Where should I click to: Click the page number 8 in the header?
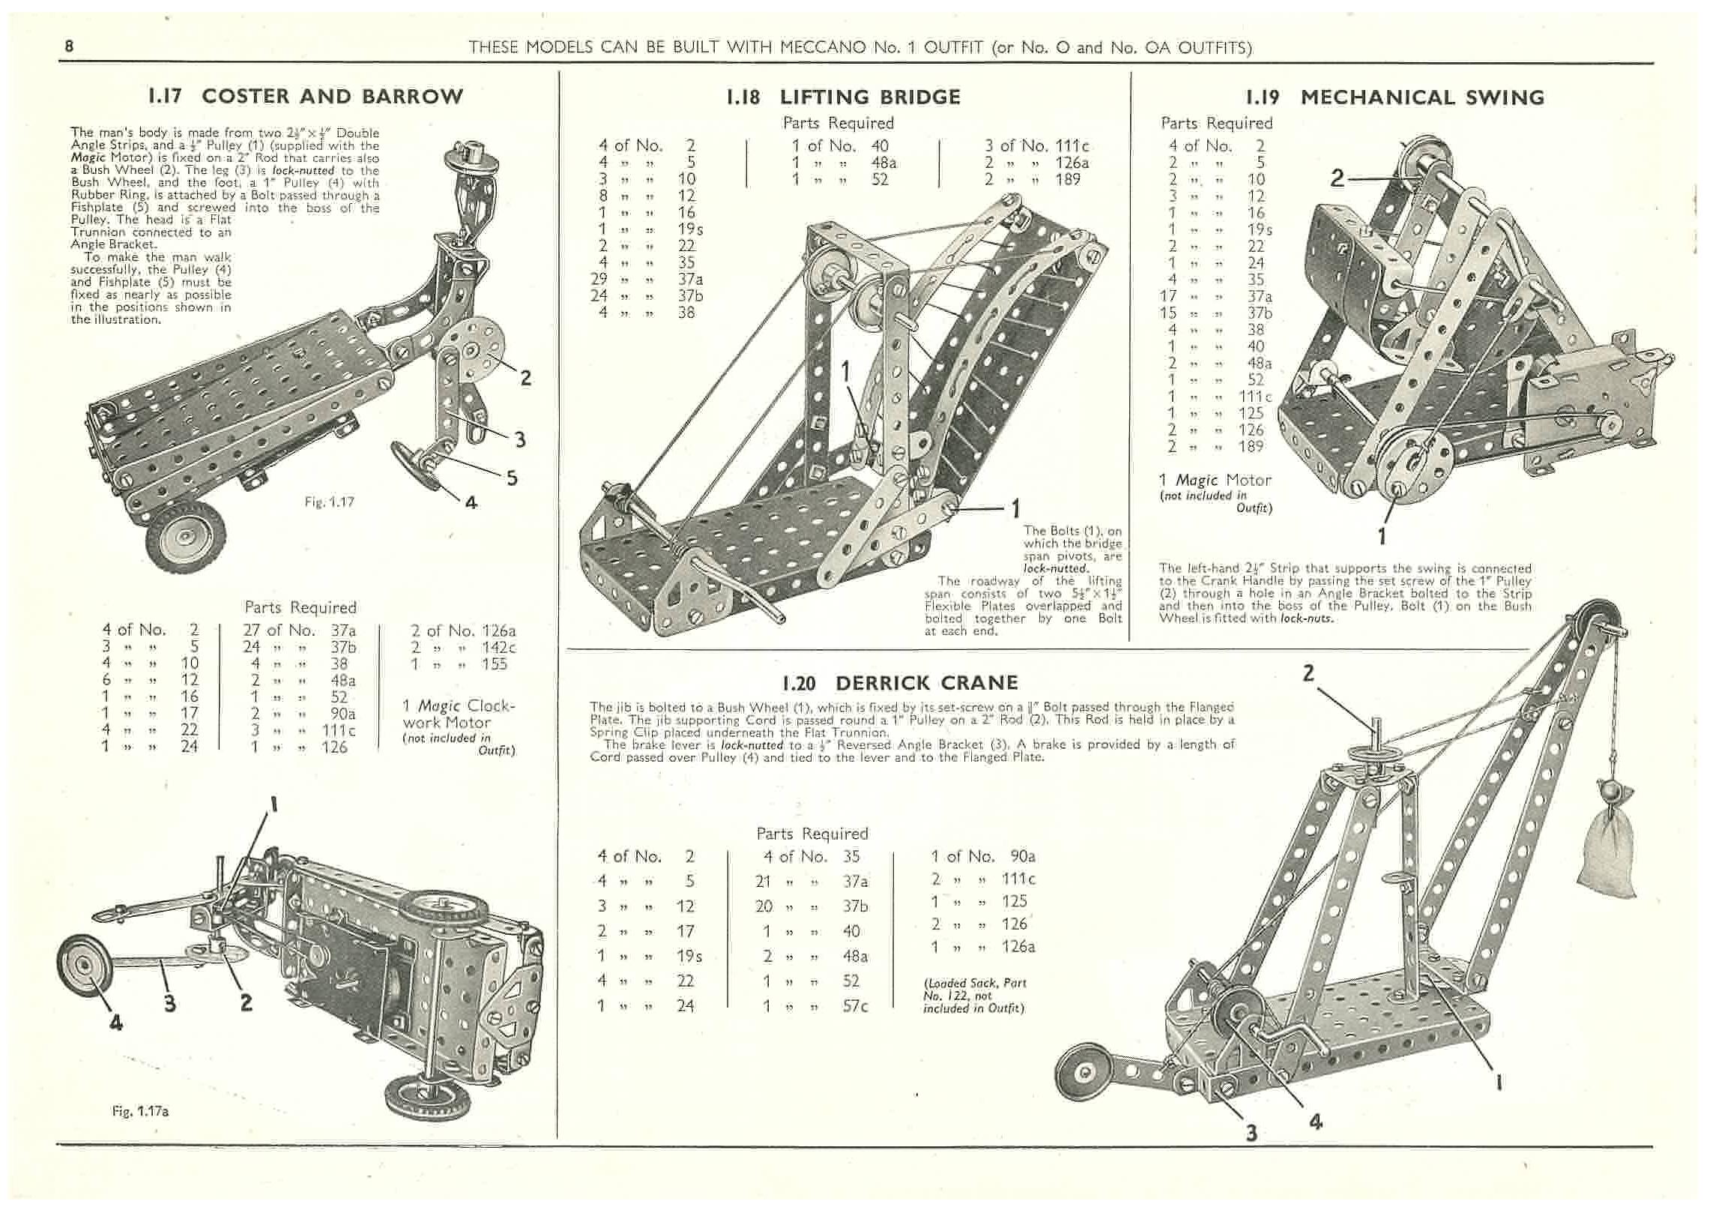(69, 46)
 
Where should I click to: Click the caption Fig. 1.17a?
(140, 1111)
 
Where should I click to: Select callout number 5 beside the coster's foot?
(512, 478)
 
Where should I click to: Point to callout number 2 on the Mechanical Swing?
(1338, 178)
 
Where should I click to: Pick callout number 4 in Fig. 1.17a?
(116, 1022)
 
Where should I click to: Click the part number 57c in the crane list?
(854, 1005)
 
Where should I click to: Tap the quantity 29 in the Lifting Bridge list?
(608, 279)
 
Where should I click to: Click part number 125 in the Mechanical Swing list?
(1251, 413)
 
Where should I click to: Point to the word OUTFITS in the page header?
(1214, 48)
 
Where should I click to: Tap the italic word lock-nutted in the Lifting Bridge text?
(1055, 568)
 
